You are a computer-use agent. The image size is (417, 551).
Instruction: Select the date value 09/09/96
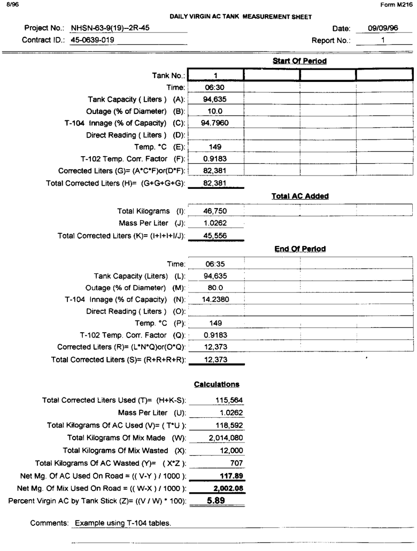coord(383,28)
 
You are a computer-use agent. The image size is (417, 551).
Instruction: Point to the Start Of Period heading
coord(299,61)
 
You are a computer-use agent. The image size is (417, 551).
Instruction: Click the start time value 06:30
coord(215,87)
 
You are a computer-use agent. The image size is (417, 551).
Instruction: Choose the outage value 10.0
coord(215,111)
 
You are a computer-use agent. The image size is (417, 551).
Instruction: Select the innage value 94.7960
coord(215,123)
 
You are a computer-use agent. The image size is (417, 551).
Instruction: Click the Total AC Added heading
coord(299,196)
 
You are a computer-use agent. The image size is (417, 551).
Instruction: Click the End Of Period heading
coord(299,249)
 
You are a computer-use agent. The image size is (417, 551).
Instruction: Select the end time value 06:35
coord(215,264)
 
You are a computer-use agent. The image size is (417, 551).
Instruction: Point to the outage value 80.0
coord(215,288)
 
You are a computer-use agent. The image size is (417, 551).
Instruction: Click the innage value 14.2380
coord(215,300)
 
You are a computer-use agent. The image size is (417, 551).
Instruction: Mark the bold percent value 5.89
coord(215,501)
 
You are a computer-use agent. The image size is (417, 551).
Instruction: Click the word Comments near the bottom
coord(50,523)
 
